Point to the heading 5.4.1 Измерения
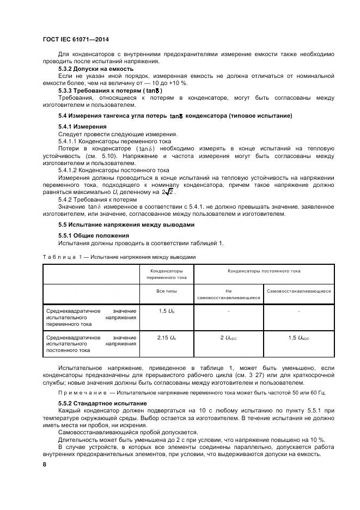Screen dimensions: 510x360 tap(82, 126)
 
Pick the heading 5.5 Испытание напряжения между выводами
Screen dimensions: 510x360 tap(126, 224)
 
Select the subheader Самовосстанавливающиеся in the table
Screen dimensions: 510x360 tap(299, 291)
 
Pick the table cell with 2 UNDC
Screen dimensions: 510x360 tap(228, 338)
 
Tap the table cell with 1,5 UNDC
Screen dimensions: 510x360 tap(299, 338)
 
